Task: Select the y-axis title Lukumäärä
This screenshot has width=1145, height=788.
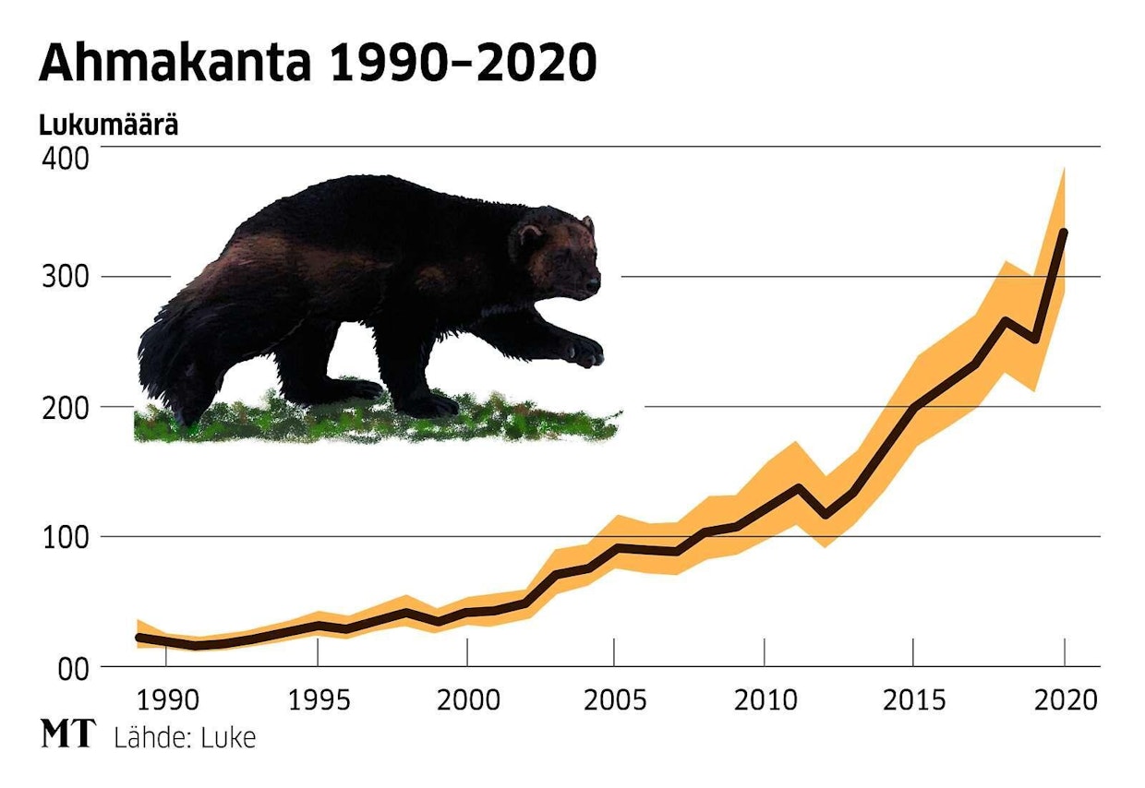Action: (109, 125)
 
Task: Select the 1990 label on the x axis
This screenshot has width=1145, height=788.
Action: (166, 700)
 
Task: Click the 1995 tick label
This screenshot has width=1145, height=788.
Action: (317, 700)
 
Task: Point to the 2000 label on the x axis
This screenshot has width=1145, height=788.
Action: (467, 700)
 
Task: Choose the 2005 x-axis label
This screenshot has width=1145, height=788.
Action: (615, 700)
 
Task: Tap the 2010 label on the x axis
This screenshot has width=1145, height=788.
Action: (765, 700)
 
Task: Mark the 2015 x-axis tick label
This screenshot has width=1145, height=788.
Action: (914, 700)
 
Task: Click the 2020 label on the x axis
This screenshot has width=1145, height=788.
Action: (1064, 700)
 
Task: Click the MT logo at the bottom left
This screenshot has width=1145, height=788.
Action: (67, 735)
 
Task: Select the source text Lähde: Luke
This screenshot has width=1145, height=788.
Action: (185, 737)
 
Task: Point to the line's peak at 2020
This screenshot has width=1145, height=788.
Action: (1064, 232)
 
